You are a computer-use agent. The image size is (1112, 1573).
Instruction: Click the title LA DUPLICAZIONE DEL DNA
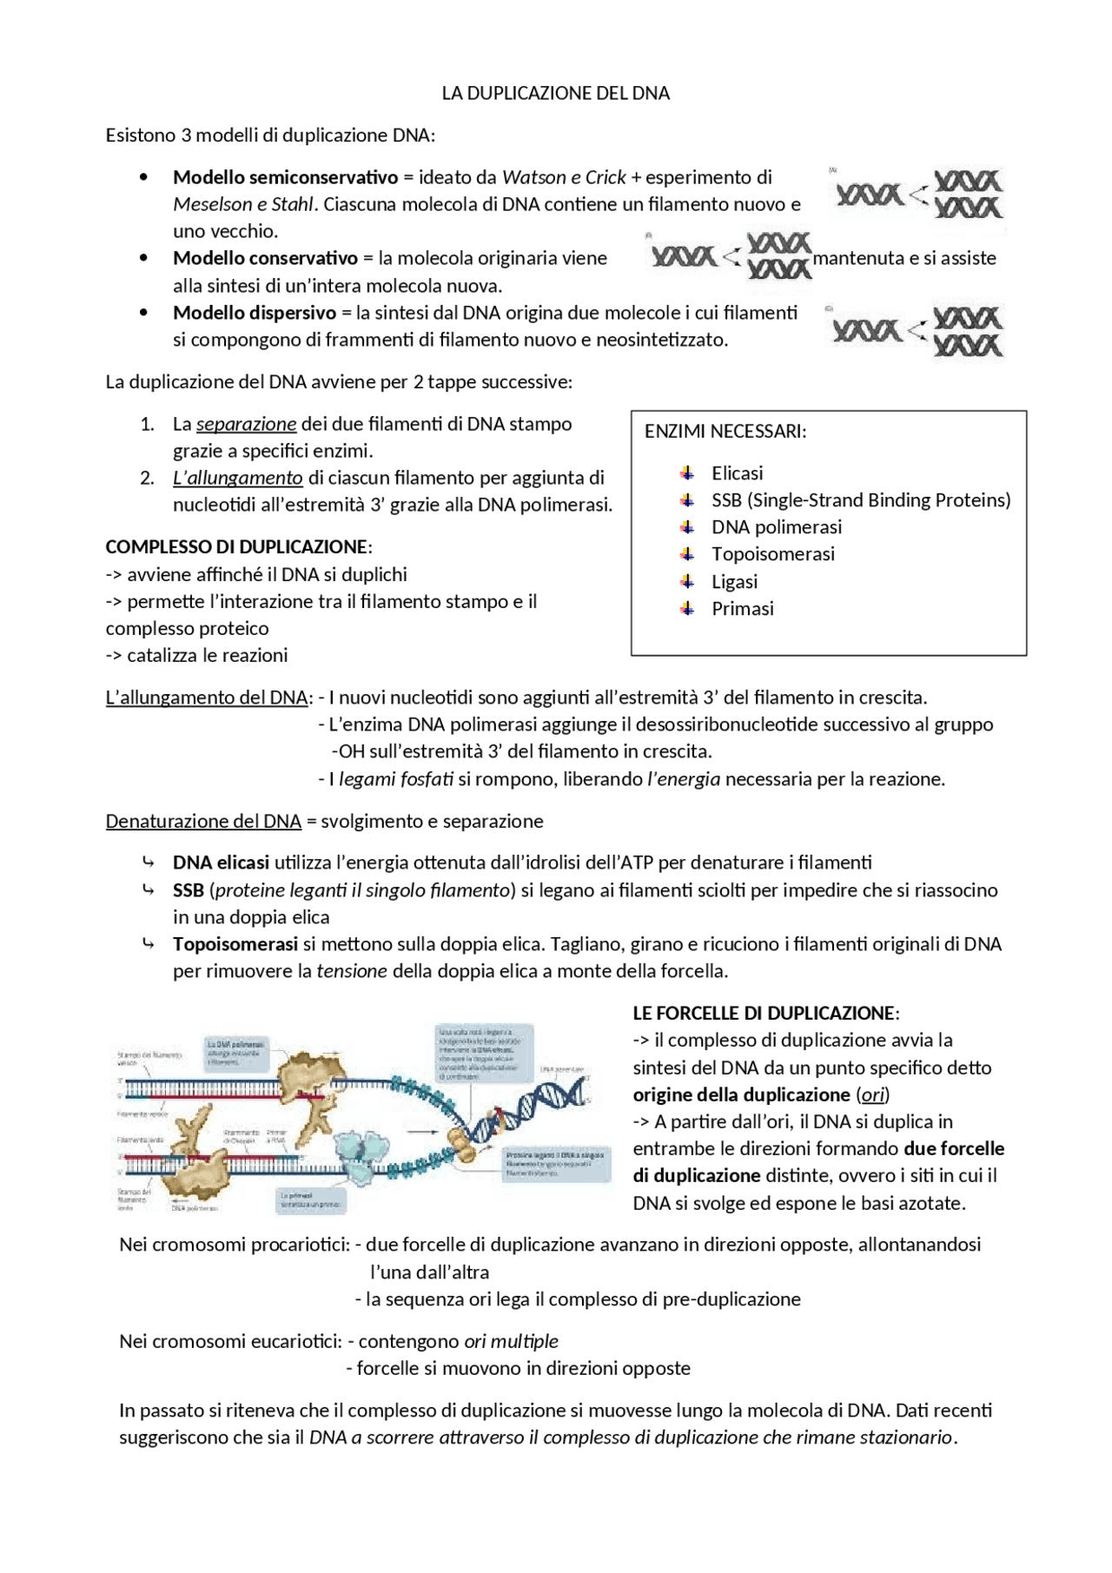(x=555, y=94)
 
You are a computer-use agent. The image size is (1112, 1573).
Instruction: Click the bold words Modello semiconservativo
(x=285, y=178)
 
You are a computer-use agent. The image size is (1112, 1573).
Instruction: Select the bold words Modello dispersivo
(x=254, y=313)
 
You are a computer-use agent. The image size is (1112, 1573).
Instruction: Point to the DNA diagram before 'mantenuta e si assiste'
(x=731, y=255)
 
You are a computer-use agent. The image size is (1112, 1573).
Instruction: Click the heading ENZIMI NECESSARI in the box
(x=725, y=432)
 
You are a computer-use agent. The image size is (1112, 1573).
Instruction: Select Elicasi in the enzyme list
(x=737, y=473)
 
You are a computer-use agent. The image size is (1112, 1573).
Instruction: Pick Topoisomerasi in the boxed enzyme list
(x=772, y=554)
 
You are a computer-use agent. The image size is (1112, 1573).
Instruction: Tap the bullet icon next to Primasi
(x=687, y=609)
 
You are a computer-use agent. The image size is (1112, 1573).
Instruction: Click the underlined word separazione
(x=246, y=425)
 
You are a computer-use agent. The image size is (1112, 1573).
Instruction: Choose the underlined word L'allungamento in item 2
(x=237, y=478)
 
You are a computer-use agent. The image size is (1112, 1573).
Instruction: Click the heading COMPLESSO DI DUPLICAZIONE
(x=237, y=547)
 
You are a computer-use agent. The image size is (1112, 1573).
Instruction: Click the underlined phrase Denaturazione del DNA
(x=203, y=822)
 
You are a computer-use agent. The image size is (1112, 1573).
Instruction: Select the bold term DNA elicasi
(x=221, y=863)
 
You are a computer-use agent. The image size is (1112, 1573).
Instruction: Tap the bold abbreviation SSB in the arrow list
(x=188, y=890)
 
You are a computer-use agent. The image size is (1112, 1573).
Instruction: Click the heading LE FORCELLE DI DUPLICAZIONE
(x=764, y=1014)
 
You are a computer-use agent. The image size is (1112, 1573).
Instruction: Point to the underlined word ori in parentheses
(x=873, y=1095)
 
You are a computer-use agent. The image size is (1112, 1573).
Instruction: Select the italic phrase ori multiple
(x=511, y=1342)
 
